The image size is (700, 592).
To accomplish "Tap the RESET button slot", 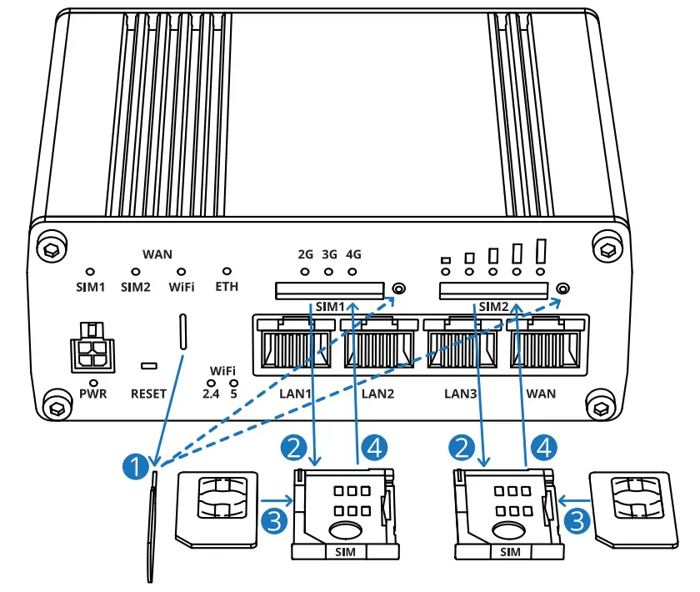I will coord(150,366).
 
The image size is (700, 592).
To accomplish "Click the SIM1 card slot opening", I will coord(330,290).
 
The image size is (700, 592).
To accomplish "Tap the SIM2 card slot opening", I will coord(494,290).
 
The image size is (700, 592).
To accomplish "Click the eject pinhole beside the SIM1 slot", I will coord(398,289).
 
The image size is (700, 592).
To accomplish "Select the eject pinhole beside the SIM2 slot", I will coord(562,289).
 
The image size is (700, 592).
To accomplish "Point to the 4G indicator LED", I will coord(352,272).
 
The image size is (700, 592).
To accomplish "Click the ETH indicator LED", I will coord(226,272).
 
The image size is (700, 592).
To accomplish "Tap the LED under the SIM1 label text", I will coord(91,272).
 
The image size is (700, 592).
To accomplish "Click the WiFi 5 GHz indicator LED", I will coord(233,382).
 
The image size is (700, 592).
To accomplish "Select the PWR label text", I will coord(92,394).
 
